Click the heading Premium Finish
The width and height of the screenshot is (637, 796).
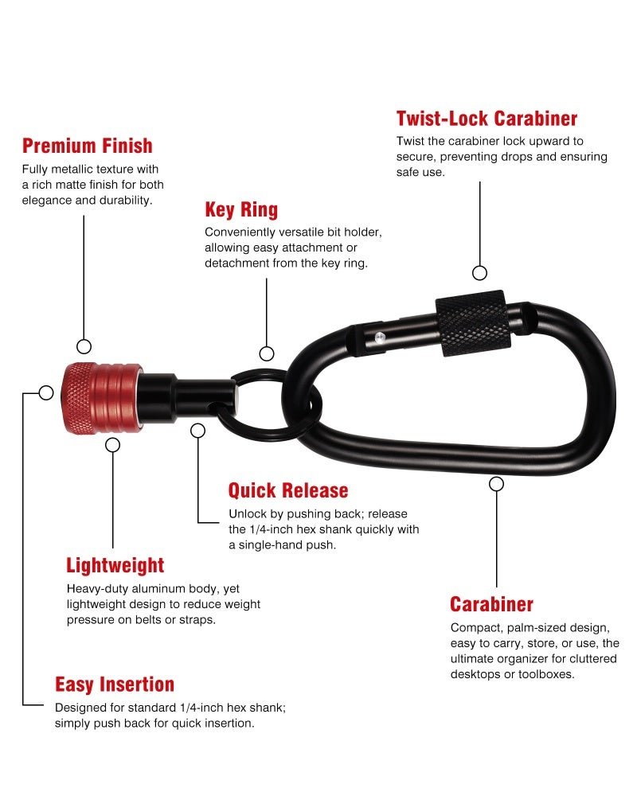pyautogui.click(x=88, y=146)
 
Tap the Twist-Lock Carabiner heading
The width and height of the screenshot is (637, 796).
pyautogui.click(x=487, y=119)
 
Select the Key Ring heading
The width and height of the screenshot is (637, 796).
pyautogui.click(x=241, y=209)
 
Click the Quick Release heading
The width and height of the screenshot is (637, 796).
pyautogui.click(x=288, y=490)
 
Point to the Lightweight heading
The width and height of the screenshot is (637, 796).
pyautogui.click(x=115, y=565)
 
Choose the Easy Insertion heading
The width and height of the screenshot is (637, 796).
pyautogui.click(x=115, y=685)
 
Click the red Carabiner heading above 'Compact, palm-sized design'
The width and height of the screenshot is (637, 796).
pyautogui.click(x=492, y=604)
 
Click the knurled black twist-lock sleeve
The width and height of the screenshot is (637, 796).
pyautogui.click(x=473, y=323)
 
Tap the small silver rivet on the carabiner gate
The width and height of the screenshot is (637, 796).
pyautogui.click(x=379, y=337)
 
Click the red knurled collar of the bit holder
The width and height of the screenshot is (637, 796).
pyautogui.click(x=102, y=397)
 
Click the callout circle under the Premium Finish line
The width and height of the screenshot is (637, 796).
pyautogui.click(x=84, y=347)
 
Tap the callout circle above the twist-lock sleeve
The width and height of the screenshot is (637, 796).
pyautogui.click(x=479, y=273)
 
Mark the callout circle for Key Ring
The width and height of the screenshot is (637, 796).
pyautogui.click(x=267, y=353)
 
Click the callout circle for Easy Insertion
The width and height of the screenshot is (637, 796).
pyautogui.click(x=46, y=393)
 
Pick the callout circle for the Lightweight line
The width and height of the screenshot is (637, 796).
pyautogui.click(x=113, y=445)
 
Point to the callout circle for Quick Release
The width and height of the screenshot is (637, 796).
pyautogui.click(x=197, y=431)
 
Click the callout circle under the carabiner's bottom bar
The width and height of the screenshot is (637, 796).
pyautogui.click(x=496, y=484)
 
